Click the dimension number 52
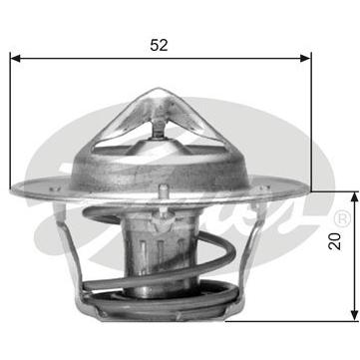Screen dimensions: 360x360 159,45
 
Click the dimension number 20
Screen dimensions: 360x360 335,241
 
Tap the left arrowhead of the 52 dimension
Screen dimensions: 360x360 16,59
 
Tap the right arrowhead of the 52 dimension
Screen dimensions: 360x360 305,59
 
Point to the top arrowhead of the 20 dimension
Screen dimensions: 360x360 355,197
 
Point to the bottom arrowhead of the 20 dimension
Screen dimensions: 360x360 355,316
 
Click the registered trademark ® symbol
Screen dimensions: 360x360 343,218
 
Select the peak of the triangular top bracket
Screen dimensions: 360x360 158,89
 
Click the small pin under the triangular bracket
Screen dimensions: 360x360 158,129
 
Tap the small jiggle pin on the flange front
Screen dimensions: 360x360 163,191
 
